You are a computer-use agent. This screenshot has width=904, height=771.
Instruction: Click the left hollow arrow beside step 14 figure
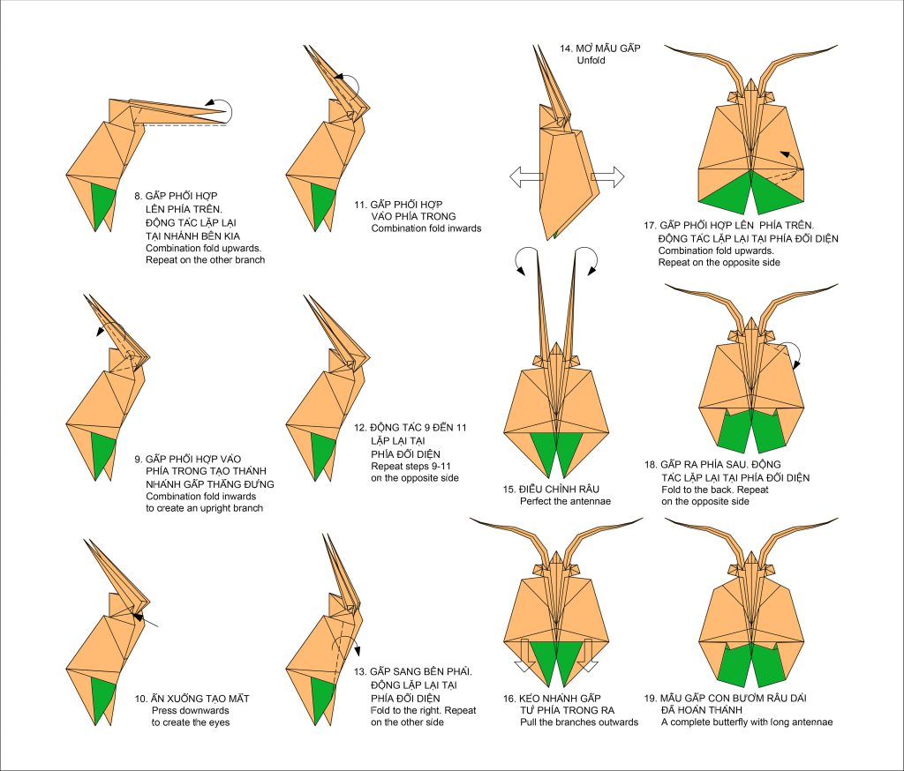click(524, 177)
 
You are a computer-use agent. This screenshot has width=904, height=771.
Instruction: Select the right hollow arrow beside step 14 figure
click(607, 177)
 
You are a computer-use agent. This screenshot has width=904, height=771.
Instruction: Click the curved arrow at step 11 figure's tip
click(350, 86)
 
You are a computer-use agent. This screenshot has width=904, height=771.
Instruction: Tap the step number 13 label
click(376, 671)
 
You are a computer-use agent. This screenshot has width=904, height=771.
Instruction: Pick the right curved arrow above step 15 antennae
click(586, 258)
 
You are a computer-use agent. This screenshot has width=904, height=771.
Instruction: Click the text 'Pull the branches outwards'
click(578, 722)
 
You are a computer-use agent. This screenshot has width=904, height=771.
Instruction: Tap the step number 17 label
click(650, 225)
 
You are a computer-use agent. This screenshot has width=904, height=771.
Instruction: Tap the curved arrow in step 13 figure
click(352, 648)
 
